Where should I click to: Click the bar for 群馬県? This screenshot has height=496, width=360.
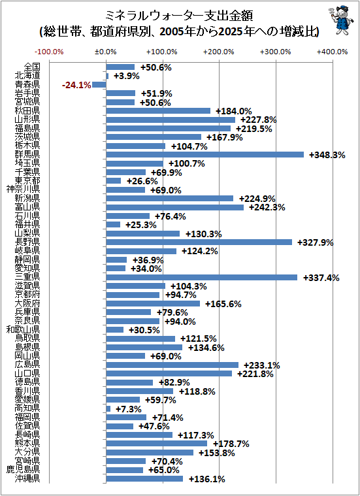[205, 155]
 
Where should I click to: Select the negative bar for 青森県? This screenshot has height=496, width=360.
[99, 84]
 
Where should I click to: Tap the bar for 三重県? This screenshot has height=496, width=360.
[201, 278]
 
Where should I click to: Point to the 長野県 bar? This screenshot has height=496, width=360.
[199, 242]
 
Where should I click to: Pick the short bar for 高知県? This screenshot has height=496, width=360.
[108, 408]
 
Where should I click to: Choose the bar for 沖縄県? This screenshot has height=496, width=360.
[144, 479]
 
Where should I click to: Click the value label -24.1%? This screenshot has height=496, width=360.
[76, 85]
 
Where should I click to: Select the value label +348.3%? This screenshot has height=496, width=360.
[327, 155]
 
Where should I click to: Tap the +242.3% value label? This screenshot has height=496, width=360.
[267, 208]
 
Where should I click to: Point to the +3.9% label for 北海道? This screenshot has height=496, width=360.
[127, 76]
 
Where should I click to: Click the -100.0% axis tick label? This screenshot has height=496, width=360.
[50, 52]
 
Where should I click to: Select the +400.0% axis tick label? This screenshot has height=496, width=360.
[333, 52]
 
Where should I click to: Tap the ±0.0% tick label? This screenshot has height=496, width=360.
[106, 52]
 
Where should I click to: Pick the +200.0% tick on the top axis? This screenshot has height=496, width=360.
[219, 52]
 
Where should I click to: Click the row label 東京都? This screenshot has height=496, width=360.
[27, 181]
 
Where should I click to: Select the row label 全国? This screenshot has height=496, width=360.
[32, 67]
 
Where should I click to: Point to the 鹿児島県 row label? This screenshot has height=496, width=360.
[24, 470]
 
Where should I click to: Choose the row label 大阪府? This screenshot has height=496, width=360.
[27, 304]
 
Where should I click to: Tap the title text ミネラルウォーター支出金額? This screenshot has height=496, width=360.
[179, 16]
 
